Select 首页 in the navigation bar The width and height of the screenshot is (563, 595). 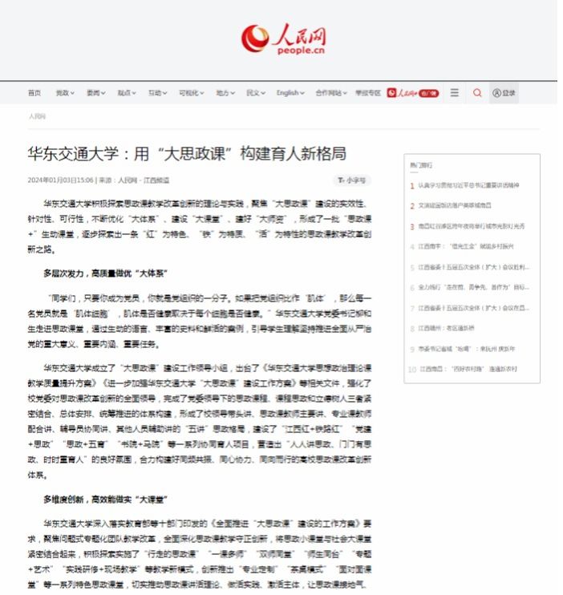click(x=34, y=93)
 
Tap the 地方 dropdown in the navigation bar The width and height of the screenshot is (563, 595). click(x=225, y=93)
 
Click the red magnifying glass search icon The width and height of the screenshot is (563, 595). click(x=477, y=93)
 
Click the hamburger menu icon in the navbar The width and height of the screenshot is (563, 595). click(x=455, y=93)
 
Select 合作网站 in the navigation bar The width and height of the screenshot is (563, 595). click(x=331, y=93)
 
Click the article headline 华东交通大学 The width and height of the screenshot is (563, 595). click(x=186, y=153)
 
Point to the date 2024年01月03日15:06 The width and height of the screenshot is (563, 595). click(x=60, y=180)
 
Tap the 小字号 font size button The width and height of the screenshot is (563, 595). click(x=352, y=180)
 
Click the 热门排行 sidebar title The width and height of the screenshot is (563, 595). click(x=421, y=165)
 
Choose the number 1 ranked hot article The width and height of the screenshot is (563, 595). click(x=469, y=185)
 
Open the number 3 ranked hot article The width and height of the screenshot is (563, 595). click(x=471, y=226)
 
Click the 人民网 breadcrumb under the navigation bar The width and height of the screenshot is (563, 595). click(x=37, y=116)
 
